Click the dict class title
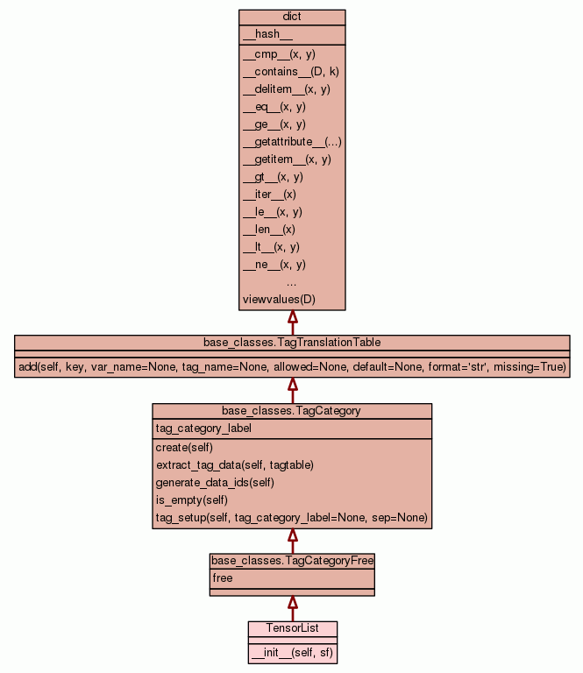click(x=292, y=18)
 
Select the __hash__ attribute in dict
click(x=261, y=34)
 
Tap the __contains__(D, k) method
click(x=290, y=72)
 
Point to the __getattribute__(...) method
click(x=292, y=142)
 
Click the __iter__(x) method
click(x=269, y=195)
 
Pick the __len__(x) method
click(x=269, y=230)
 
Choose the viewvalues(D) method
click(x=279, y=300)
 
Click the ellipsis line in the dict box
click(x=292, y=282)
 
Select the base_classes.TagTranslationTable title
click(x=292, y=342)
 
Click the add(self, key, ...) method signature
click(x=292, y=366)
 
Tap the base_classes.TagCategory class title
click(x=292, y=411)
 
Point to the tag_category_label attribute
click(x=203, y=429)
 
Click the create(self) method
click(x=184, y=448)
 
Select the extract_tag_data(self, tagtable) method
click(x=235, y=465)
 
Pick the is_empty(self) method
click(x=192, y=500)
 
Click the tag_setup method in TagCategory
click(x=291, y=518)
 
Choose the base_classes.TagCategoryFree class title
click(x=292, y=560)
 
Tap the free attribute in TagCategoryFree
click(x=222, y=578)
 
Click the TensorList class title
click(x=292, y=628)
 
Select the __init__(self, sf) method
click(x=292, y=653)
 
